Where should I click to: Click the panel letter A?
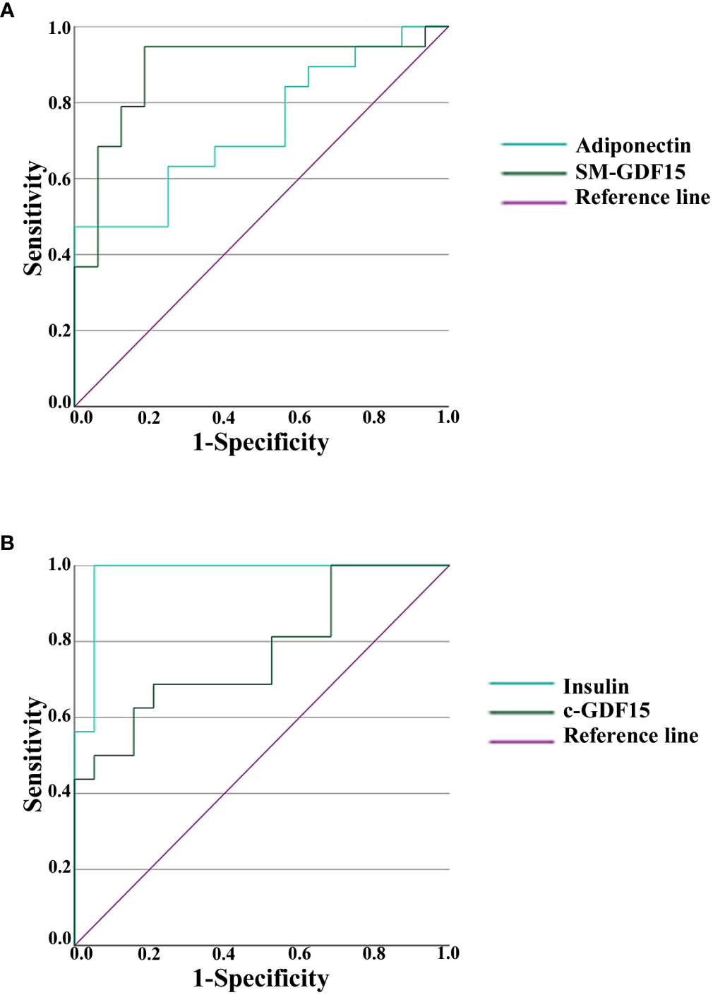click(x=8, y=11)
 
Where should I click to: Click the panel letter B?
click(x=8, y=544)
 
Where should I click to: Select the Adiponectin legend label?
click(x=633, y=145)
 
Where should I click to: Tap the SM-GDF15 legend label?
click(x=630, y=172)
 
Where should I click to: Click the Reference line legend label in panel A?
click(x=642, y=198)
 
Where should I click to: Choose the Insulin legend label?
click(x=595, y=686)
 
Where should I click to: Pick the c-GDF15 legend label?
click(x=606, y=710)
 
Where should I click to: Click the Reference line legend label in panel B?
click(x=630, y=736)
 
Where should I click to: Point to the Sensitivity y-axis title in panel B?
click(x=33, y=754)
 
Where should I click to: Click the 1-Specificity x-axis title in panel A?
click(x=260, y=443)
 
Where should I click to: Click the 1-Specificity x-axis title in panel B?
click(x=260, y=979)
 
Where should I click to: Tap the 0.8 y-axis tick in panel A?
click(x=59, y=103)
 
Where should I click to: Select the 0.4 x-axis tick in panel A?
click(x=224, y=418)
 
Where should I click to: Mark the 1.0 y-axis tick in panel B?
click(x=59, y=565)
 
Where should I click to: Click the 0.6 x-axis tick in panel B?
click(x=299, y=954)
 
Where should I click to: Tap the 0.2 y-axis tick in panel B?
click(x=59, y=868)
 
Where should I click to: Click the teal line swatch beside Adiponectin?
click(x=534, y=145)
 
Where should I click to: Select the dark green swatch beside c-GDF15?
click(x=521, y=713)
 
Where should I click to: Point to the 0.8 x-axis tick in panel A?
click(x=373, y=418)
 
